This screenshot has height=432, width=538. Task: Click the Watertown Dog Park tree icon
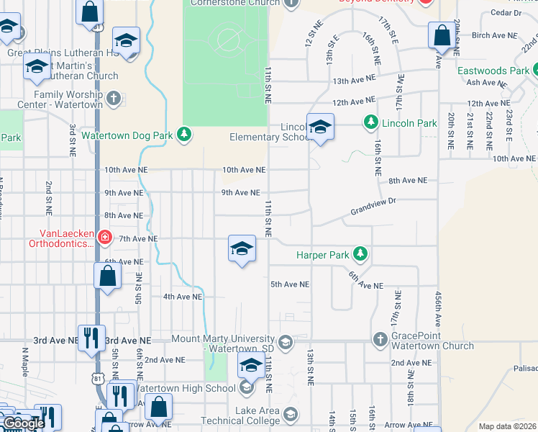[x=185, y=134]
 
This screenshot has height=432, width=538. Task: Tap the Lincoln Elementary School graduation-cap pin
[x=320, y=128]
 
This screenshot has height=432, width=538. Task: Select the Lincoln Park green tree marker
[x=370, y=123]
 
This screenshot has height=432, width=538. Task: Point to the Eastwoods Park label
[x=493, y=71]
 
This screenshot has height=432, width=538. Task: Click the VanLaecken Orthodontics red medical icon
[x=105, y=237]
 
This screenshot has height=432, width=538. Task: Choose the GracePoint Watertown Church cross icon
[x=380, y=338]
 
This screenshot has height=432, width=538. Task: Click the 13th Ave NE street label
[x=354, y=81]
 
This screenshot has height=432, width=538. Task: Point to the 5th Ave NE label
[x=290, y=284]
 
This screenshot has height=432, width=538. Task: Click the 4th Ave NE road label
[x=183, y=296]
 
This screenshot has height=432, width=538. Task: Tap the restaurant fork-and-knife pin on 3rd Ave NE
[x=91, y=338]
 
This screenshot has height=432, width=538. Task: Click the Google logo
[x=23, y=423]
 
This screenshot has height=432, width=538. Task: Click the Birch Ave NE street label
[x=494, y=35]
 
